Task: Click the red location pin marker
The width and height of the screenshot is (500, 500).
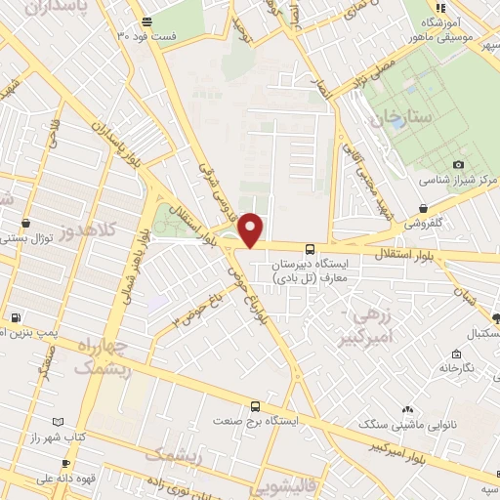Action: point(252,229)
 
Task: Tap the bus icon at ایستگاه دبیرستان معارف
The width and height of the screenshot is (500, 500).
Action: point(310,249)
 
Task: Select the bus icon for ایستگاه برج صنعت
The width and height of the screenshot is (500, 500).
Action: point(256,405)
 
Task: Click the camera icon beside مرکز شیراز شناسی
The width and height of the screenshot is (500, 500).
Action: point(458,166)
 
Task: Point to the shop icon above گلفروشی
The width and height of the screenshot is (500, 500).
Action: point(422,208)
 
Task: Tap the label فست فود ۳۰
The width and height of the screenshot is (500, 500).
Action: point(146,35)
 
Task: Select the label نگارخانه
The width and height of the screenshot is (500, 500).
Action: point(457,368)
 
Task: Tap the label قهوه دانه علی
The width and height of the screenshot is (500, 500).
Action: point(36,479)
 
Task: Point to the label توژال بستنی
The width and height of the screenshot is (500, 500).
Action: point(29,237)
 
